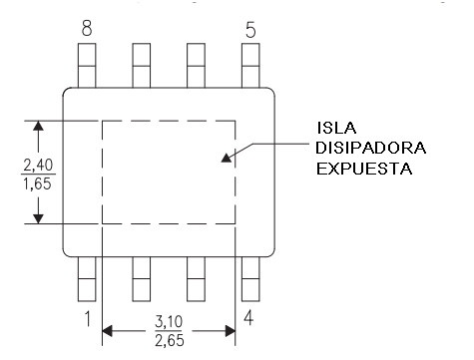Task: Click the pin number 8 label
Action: (87, 29)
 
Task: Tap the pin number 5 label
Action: (250, 30)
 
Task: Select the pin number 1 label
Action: (88, 318)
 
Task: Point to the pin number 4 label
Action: (248, 318)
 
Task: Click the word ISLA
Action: (336, 128)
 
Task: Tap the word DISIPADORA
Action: (371, 148)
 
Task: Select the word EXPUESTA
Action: (364, 169)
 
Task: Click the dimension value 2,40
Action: (38, 166)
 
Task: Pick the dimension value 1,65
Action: (37, 183)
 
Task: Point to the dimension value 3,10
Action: (169, 322)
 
